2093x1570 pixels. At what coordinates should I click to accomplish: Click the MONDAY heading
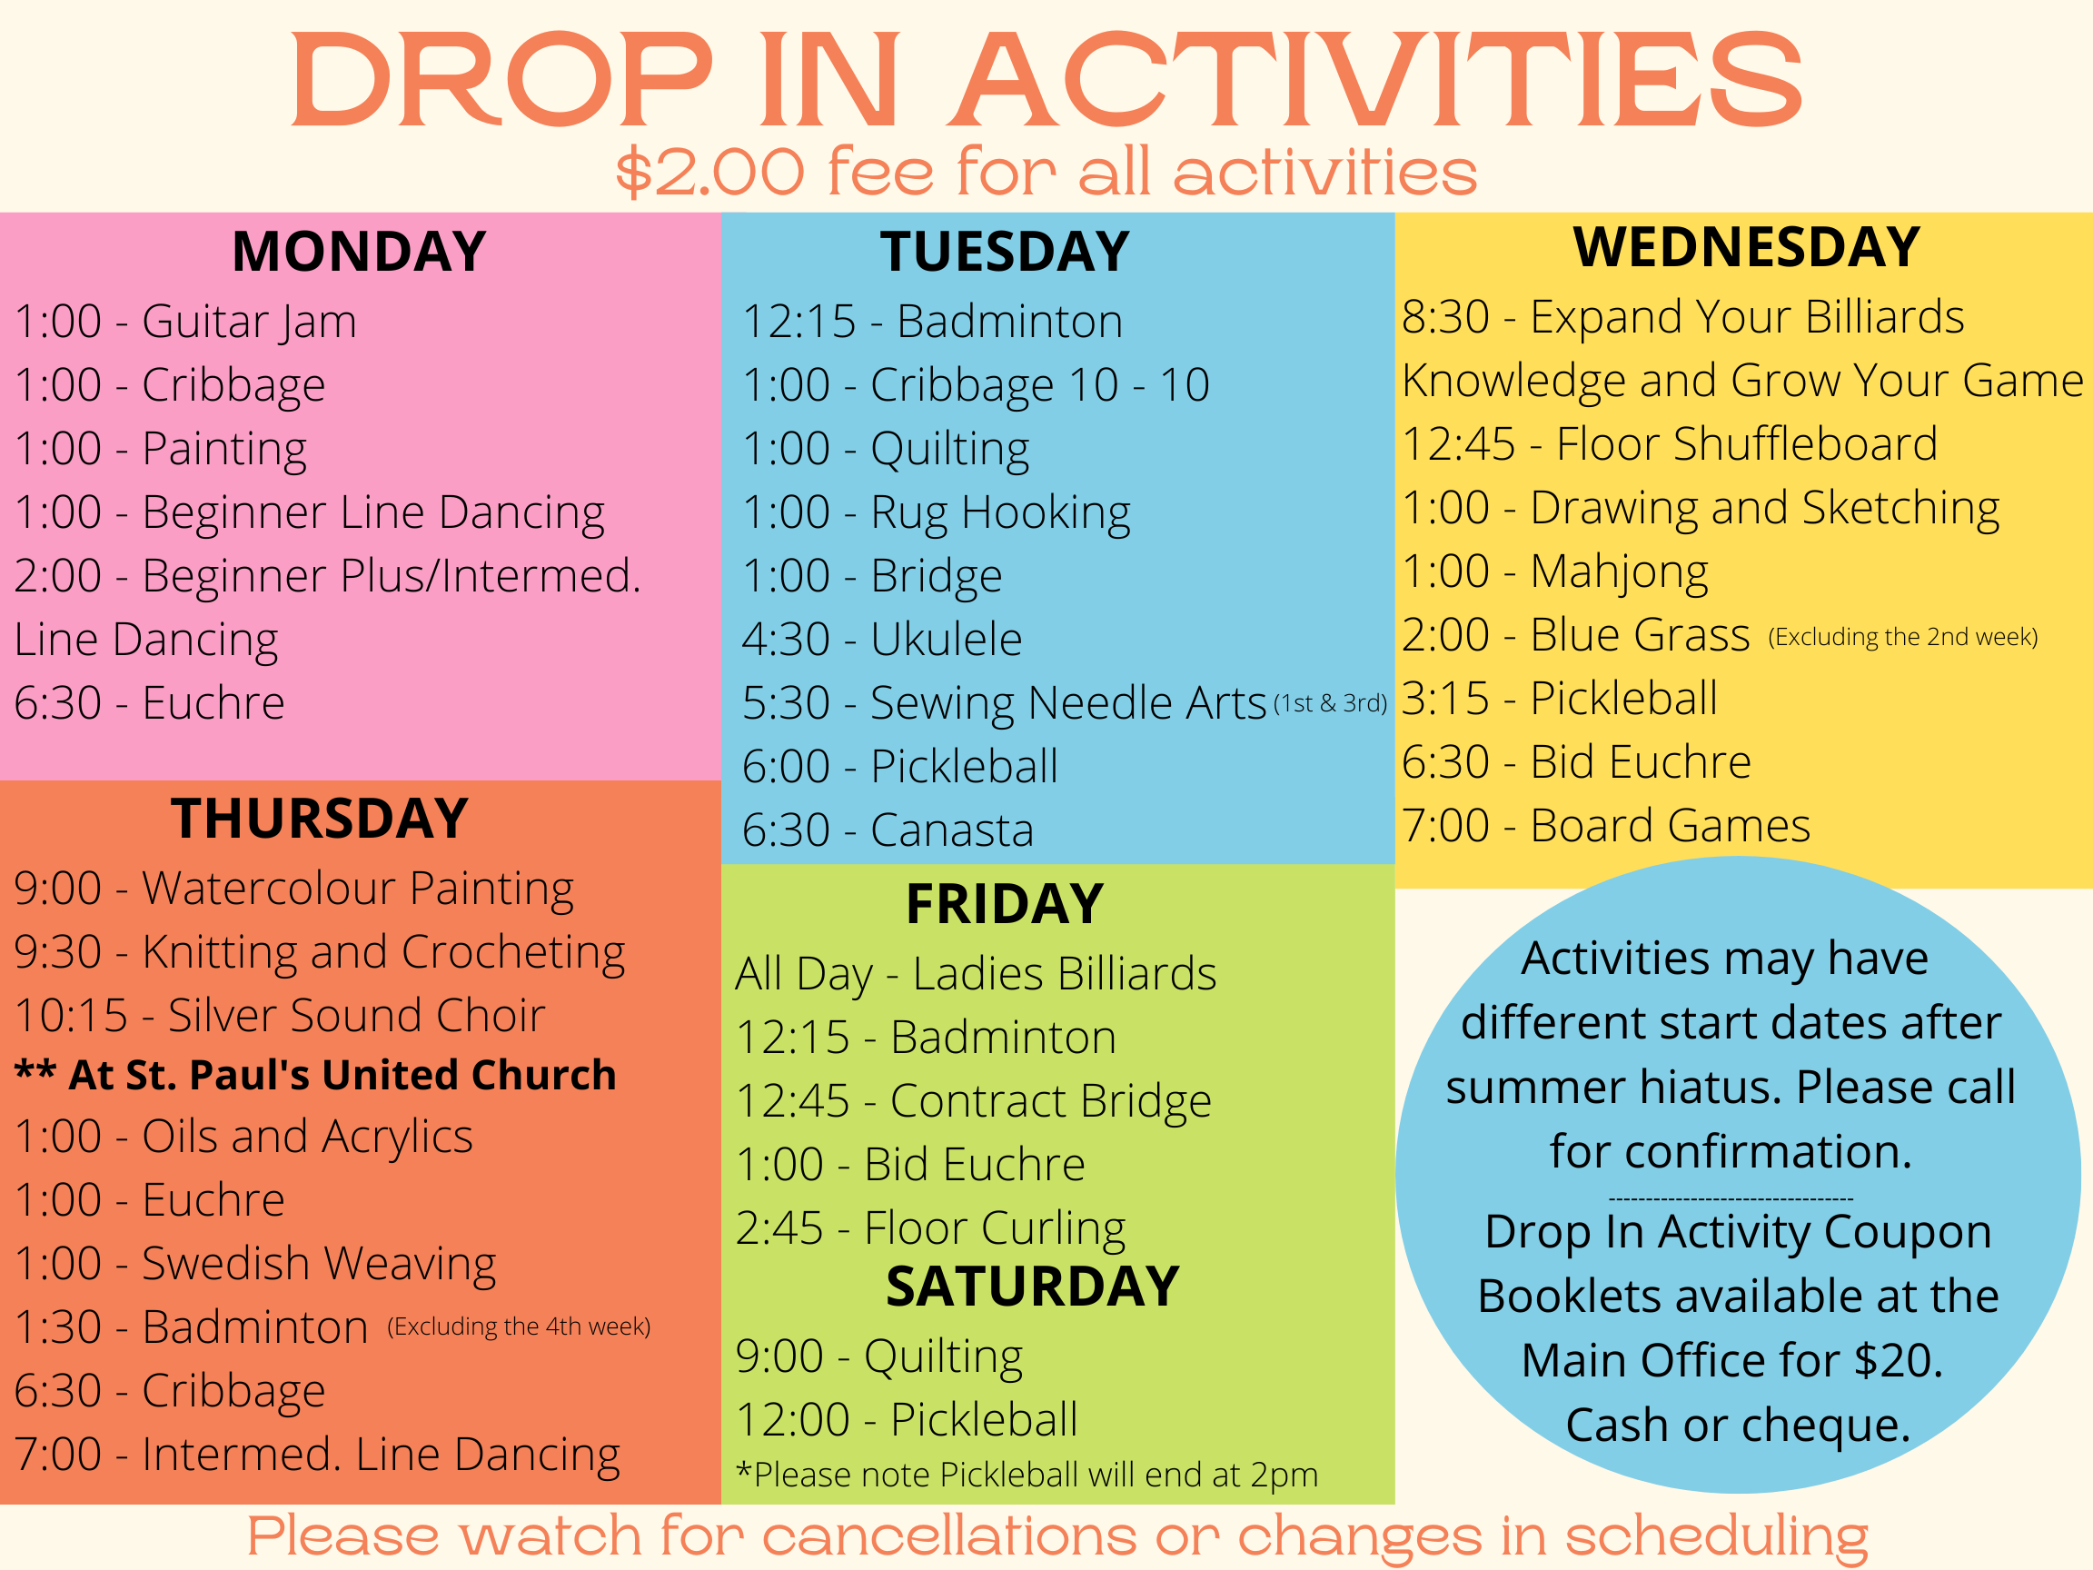click(x=359, y=252)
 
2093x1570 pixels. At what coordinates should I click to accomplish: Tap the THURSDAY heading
click(x=320, y=819)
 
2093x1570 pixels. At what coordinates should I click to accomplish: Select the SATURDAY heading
click(x=1032, y=1287)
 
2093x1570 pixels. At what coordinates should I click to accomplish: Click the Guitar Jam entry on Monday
click(x=185, y=322)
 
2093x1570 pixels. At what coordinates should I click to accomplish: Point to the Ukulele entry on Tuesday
click(x=882, y=640)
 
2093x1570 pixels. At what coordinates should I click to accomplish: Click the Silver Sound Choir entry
click(x=280, y=1016)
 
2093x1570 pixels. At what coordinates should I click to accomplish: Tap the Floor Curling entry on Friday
click(x=930, y=1229)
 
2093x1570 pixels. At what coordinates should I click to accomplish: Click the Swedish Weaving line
click(x=255, y=1265)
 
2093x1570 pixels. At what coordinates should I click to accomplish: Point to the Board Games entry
click(x=1606, y=825)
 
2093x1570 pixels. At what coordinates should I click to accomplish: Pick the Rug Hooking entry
click(x=936, y=514)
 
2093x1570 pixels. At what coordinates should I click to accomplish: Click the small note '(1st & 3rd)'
click(x=1330, y=703)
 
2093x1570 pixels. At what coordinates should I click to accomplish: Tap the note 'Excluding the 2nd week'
click(x=1903, y=637)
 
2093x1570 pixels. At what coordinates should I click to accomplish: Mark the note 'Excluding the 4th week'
click(x=519, y=1326)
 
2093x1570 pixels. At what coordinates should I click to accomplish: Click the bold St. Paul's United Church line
click(x=315, y=1075)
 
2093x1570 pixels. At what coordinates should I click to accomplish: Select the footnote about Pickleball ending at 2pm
click(x=1027, y=1475)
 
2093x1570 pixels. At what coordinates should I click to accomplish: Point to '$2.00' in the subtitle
click(x=709, y=173)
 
